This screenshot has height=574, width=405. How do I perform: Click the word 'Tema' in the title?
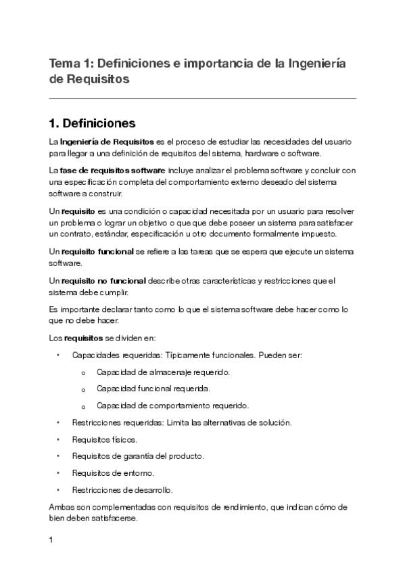64,64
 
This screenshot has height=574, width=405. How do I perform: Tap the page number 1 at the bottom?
51,541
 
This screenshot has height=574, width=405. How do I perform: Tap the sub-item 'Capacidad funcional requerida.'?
153,389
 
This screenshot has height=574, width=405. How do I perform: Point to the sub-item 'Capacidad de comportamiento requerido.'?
172,406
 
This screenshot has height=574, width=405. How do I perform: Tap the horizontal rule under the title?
202,98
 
